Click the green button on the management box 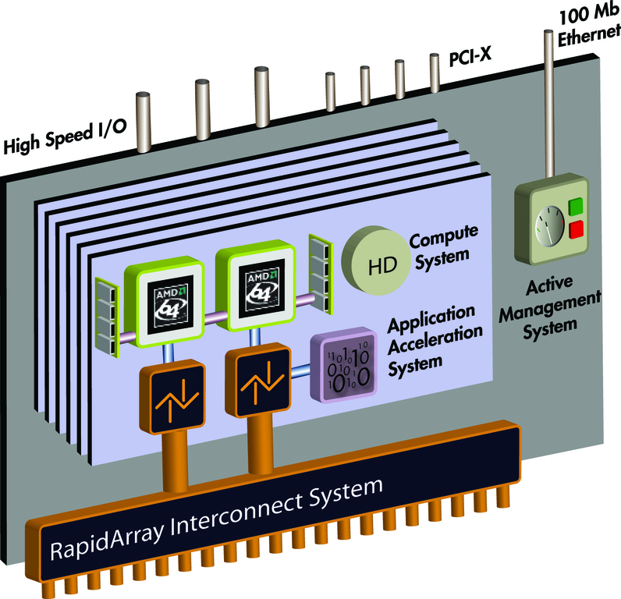coord(577,207)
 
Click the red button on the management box coord(577,229)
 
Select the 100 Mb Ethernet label coord(586,24)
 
